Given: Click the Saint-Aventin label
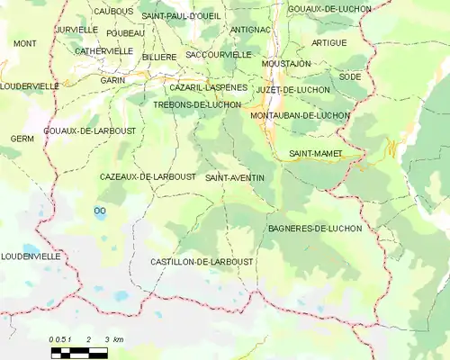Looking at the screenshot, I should (x=235, y=178).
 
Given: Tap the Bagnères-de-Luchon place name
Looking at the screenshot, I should (x=315, y=229).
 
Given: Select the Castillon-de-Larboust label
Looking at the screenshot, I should (x=202, y=261).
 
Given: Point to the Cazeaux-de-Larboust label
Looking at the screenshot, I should (x=148, y=177).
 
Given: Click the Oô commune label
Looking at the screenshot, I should (x=99, y=211).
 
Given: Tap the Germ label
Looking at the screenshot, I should (x=22, y=139).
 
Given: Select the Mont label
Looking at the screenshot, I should (x=25, y=43).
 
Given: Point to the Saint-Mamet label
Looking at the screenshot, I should (x=316, y=154).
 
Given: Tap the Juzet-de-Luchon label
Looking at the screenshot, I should (x=292, y=91).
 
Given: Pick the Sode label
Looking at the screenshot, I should (x=350, y=77).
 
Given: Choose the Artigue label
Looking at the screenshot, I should (x=328, y=43).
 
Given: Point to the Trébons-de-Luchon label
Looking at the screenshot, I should (x=197, y=105).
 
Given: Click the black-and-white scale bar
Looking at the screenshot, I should (x=79, y=350).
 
